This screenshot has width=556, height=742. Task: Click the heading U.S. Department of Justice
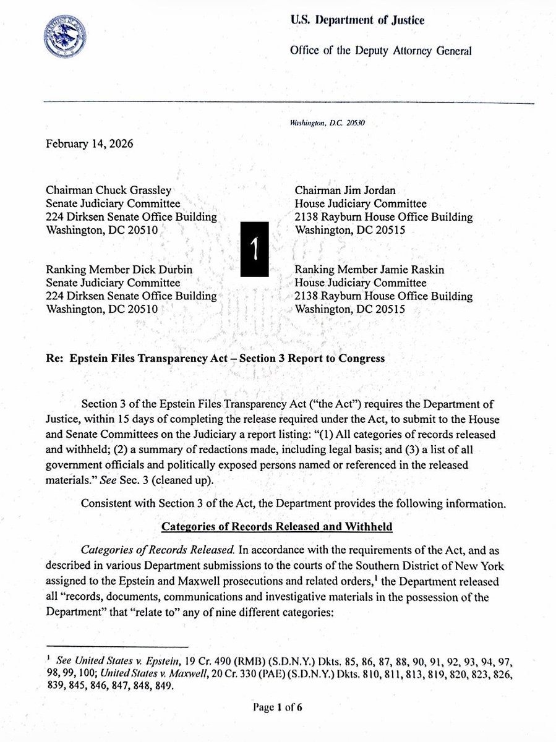point(357,21)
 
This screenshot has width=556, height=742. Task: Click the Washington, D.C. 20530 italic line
point(327,123)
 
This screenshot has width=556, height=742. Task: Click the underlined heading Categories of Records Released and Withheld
point(278,526)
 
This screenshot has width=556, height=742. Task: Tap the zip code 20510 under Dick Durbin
point(142,309)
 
